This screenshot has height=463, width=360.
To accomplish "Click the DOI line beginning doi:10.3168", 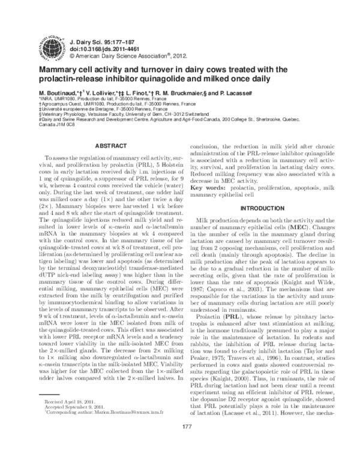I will point(100,44).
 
